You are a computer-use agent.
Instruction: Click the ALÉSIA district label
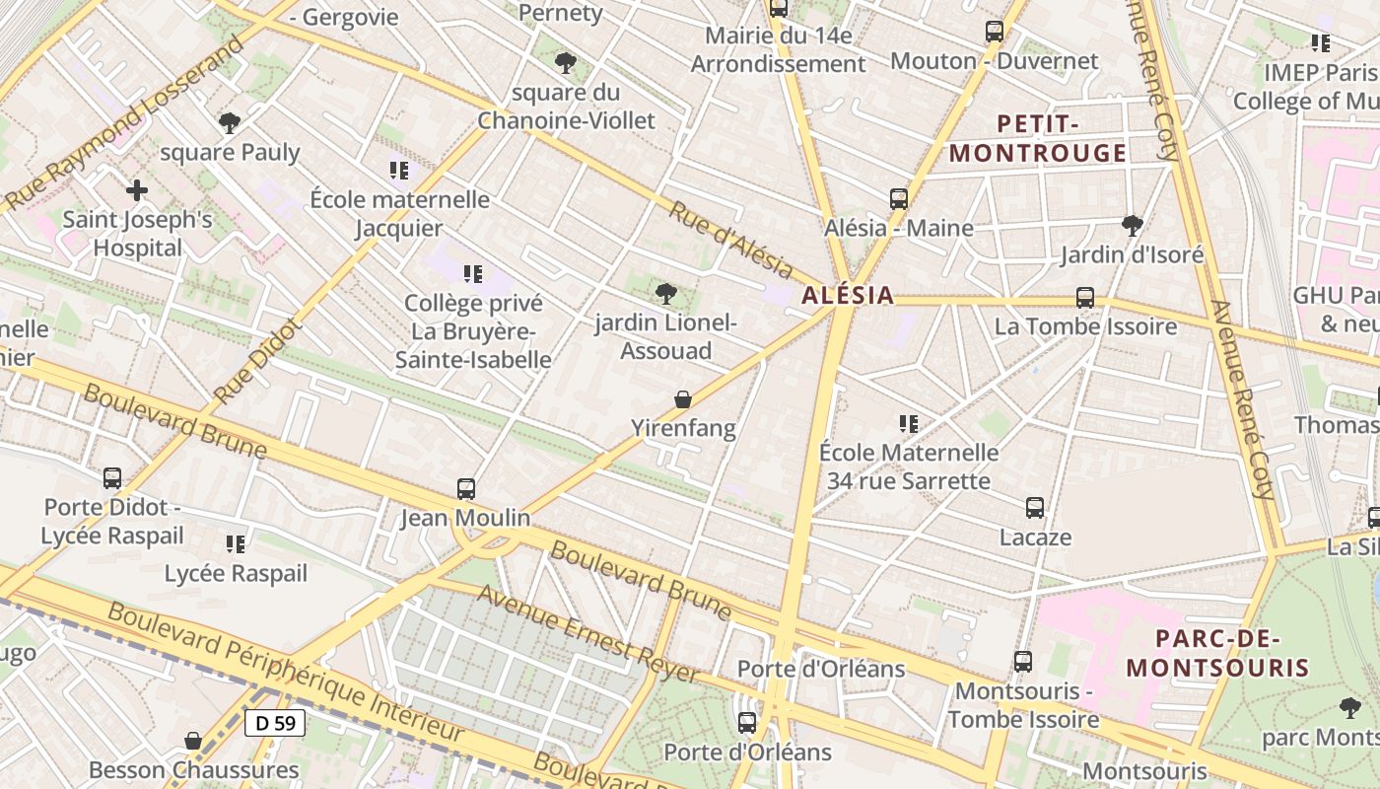click(848, 295)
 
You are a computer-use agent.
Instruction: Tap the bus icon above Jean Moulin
click(466, 488)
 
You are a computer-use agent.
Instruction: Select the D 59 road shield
click(275, 723)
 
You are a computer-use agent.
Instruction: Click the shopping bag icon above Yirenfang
click(683, 399)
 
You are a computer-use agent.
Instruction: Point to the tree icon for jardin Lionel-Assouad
click(666, 293)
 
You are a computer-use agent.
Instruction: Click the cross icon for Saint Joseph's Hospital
click(137, 189)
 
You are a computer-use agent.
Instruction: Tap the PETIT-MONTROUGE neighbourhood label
click(1037, 139)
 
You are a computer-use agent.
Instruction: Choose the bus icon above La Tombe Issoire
click(1085, 297)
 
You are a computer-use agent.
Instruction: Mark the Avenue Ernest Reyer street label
click(589, 634)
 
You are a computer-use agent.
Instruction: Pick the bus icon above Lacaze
click(1035, 508)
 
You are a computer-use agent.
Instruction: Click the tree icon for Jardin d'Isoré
click(1133, 226)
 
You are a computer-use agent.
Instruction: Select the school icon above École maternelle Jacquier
click(399, 171)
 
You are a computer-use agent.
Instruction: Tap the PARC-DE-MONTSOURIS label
click(1218, 653)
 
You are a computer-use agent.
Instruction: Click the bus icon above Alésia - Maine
click(899, 198)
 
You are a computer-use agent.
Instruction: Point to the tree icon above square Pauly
click(230, 123)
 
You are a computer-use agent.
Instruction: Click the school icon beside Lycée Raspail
click(236, 544)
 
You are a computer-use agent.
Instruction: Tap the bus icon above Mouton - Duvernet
click(995, 32)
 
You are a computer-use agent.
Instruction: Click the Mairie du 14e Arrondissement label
click(778, 50)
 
